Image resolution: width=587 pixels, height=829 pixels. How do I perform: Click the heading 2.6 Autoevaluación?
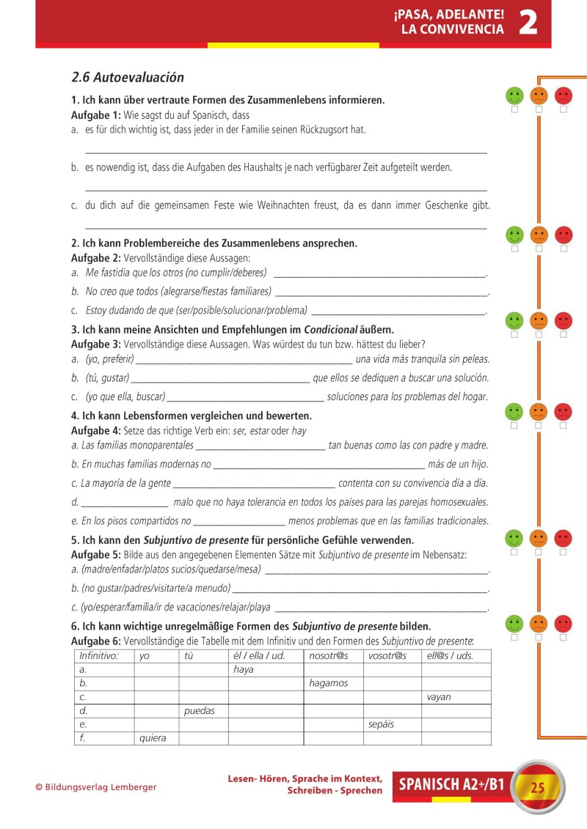[128, 77]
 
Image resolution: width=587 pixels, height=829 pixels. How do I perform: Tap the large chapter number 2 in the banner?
[528, 23]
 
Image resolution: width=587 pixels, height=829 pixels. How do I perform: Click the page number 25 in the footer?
[537, 788]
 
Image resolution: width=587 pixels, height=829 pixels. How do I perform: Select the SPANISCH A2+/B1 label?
[451, 786]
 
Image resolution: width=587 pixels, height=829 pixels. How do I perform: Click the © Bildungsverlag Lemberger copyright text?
[96, 787]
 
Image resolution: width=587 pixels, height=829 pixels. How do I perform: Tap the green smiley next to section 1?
[514, 95]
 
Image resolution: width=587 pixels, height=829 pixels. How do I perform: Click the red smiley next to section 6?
[564, 623]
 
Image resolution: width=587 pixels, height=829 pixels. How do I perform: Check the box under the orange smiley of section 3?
[539, 334]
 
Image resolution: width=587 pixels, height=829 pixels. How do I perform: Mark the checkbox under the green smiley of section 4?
[514, 425]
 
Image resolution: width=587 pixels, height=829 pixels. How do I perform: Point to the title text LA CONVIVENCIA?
[452, 30]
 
